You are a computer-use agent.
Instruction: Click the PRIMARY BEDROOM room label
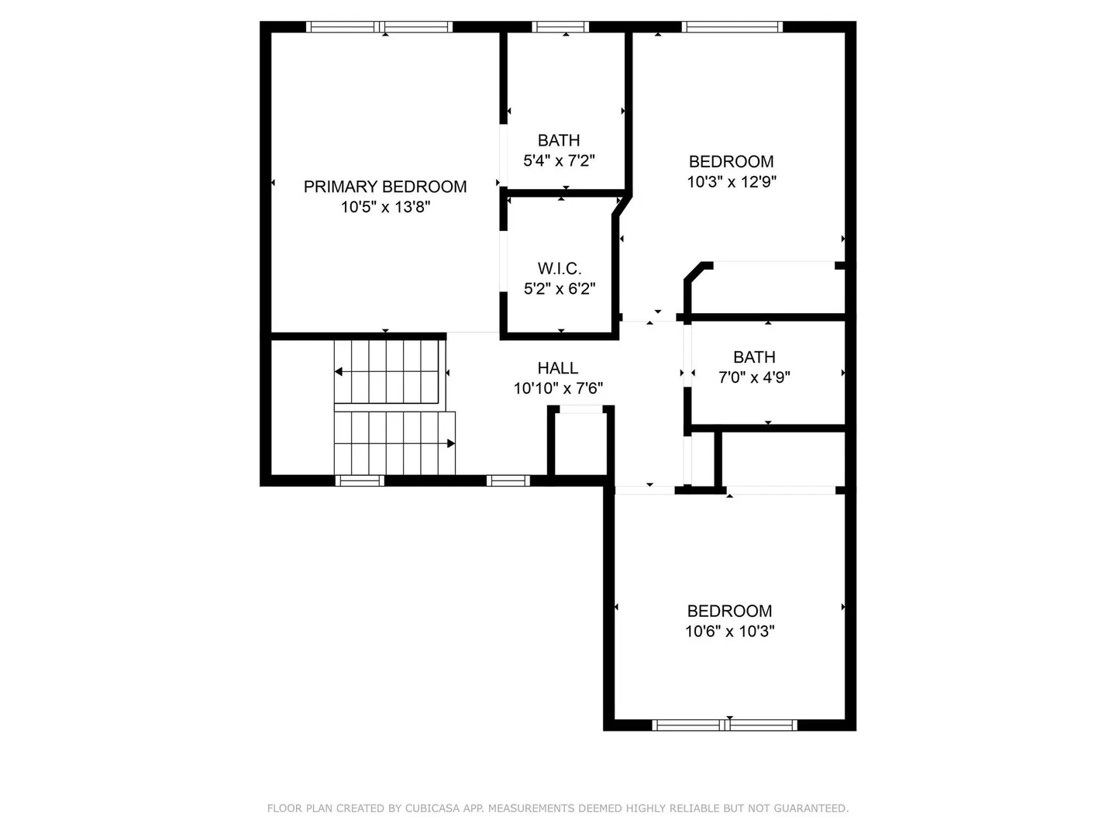pos(385,187)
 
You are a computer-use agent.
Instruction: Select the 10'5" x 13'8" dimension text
pos(385,207)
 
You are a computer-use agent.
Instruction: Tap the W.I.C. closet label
pos(560,268)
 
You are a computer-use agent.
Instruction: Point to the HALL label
pos(558,367)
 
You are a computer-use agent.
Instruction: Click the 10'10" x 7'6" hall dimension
pos(558,388)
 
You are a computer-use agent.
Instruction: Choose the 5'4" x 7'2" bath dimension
pos(559,160)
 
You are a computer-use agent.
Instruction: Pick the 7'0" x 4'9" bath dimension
pos(754,377)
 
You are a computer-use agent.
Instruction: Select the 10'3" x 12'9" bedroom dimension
pos(732,181)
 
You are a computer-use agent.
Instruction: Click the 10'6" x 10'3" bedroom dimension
pos(729,631)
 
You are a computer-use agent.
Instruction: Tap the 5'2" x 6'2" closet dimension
pos(560,288)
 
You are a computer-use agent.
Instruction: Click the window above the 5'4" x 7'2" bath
pos(560,27)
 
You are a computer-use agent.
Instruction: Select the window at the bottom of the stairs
pos(360,480)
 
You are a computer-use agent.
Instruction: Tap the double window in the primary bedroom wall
pos(379,27)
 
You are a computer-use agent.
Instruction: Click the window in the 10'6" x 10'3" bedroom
pos(725,725)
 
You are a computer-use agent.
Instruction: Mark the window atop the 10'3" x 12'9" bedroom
pos(732,27)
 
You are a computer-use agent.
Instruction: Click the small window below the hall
pos(508,480)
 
